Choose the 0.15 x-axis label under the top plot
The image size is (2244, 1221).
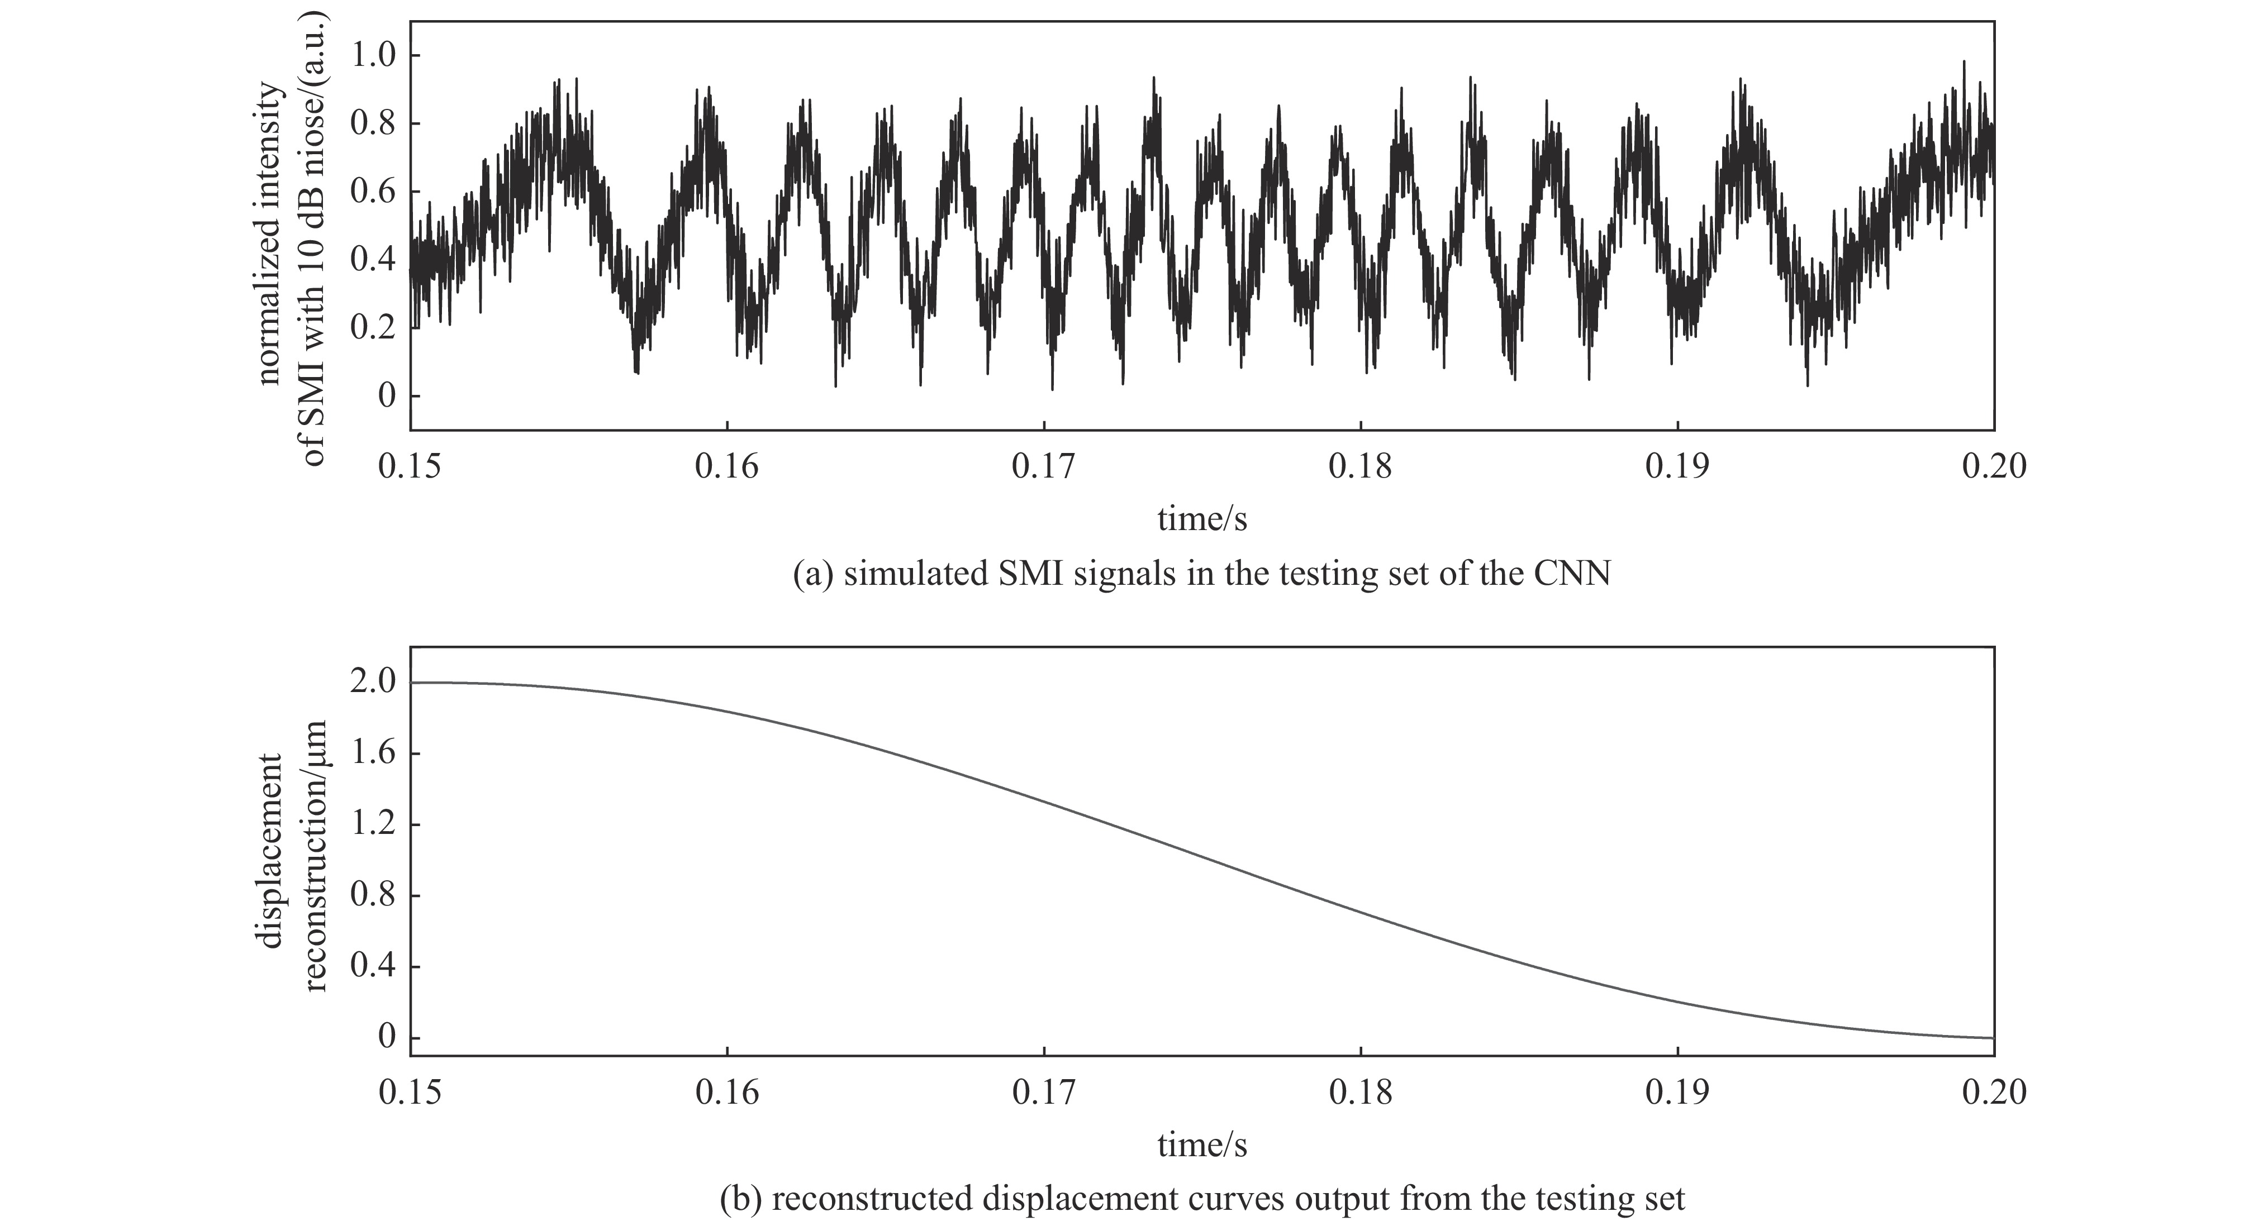click(x=410, y=468)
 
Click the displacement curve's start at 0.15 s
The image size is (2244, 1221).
click(x=412, y=683)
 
